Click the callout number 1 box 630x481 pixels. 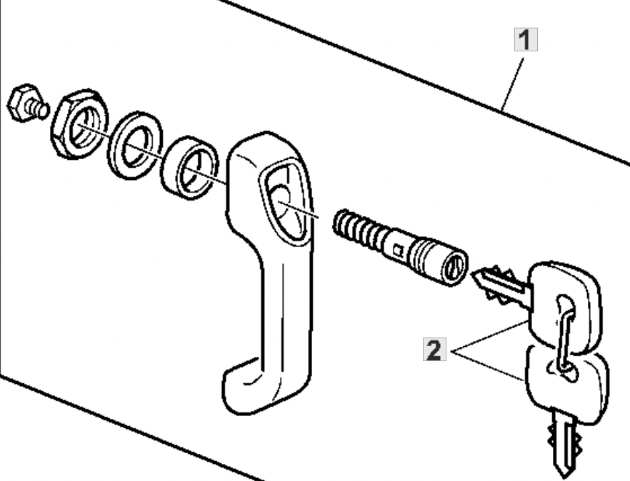[x=526, y=40]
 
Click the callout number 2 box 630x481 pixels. [x=434, y=349]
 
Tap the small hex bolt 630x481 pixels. [x=28, y=103]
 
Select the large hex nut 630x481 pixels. [x=79, y=124]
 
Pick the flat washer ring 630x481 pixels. [x=136, y=146]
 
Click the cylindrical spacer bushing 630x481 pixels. [x=190, y=168]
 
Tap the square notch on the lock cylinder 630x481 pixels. [x=398, y=251]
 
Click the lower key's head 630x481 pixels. [x=567, y=385]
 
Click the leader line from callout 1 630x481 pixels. [x=513, y=84]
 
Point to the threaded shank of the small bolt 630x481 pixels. [x=38, y=108]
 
